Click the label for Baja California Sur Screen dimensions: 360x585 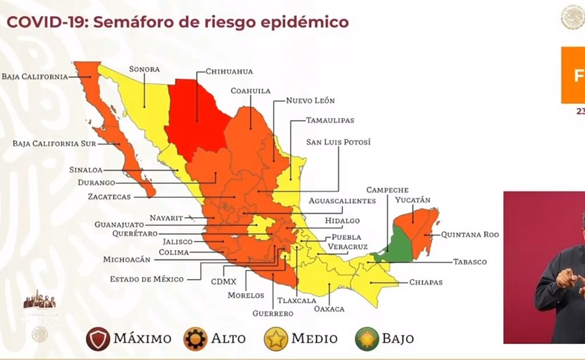(54, 143)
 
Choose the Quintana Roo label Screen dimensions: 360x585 (469, 234)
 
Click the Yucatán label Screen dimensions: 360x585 (412, 200)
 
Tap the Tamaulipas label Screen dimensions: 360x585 (330, 120)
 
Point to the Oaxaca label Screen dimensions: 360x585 (329, 309)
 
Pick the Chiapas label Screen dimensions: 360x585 (425, 282)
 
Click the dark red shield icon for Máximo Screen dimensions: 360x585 (97, 338)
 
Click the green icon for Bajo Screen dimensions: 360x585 (367, 338)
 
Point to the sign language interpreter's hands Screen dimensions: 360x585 (569, 280)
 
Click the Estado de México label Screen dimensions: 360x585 (148, 279)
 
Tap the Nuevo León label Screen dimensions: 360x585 (311, 100)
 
